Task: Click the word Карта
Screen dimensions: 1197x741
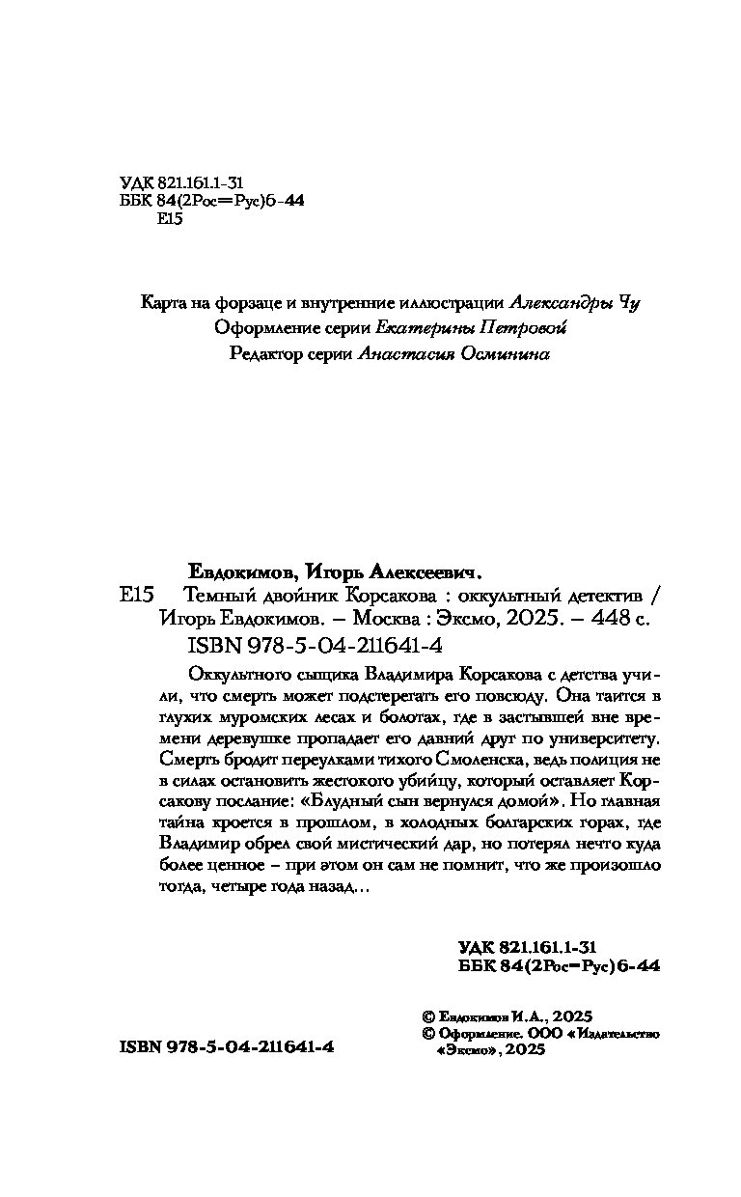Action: click(x=162, y=303)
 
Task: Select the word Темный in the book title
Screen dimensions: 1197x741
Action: click(x=215, y=596)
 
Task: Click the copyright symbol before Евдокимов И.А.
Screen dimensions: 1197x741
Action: click(x=429, y=1016)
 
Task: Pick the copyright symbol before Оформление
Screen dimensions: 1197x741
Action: click(x=429, y=1032)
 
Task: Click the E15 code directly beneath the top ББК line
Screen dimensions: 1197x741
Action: click(x=168, y=219)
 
